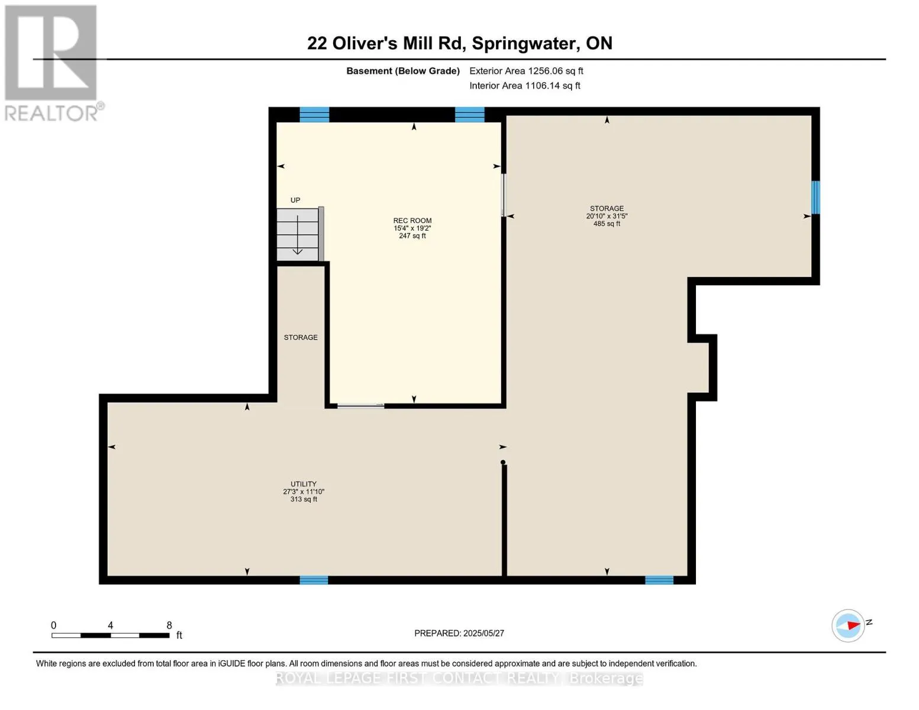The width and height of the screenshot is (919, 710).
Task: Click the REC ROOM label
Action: (412, 220)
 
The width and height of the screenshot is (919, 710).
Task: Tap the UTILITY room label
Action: (303, 484)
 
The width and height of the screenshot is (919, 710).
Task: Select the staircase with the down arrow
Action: (300, 234)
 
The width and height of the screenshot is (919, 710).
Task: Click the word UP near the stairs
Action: (295, 200)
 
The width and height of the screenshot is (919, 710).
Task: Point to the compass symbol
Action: (848, 625)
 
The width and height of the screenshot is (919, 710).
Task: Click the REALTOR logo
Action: (53, 63)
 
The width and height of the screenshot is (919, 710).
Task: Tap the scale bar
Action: (111, 635)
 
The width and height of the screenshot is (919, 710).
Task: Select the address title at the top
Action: (459, 43)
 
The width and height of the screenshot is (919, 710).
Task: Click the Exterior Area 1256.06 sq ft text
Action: (526, 71)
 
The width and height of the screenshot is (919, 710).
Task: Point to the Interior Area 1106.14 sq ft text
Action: (524, 86)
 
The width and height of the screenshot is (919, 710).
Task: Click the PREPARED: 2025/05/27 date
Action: (459, 633)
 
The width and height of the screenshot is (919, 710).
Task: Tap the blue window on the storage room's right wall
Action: (815, 198)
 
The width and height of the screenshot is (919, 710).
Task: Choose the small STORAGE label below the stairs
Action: (300, 337)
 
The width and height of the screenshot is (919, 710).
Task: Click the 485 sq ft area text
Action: (607, 224)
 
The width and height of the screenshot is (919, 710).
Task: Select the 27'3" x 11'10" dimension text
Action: (303, 491)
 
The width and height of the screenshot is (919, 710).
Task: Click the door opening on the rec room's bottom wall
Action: (360, 406)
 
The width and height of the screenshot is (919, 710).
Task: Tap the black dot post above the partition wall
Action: (503, 462)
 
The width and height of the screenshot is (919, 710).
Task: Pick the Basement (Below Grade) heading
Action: (402, 71)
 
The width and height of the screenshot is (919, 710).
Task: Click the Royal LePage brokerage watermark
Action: (459, 678)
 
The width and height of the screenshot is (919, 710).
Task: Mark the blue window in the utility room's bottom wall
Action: (314, 580)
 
